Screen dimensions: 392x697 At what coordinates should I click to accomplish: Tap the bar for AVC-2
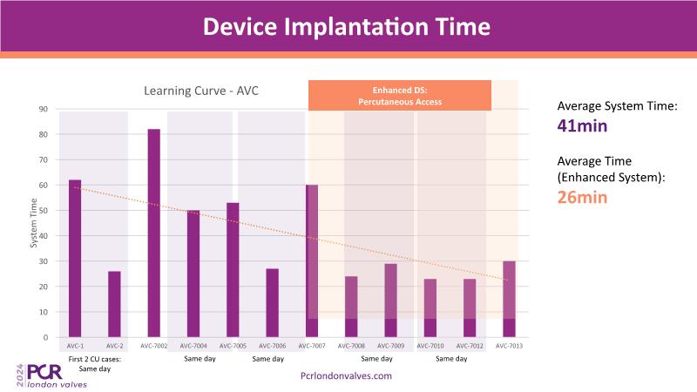point(114,304)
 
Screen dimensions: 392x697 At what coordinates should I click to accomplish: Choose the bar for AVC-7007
point(312,260)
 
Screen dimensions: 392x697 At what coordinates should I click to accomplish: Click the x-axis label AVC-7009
point(390,346)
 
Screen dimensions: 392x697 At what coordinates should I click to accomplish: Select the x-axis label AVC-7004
point(193,346)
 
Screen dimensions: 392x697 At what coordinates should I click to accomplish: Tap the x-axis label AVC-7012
point(470,346)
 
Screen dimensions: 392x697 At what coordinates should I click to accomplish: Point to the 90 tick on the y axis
point(43,109)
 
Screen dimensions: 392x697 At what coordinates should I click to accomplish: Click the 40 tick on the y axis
point(43,235)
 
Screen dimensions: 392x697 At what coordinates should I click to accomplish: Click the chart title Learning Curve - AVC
point(201,91)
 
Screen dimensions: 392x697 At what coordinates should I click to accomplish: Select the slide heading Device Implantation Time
point(347,26)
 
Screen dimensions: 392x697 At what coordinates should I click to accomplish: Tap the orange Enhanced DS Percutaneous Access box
point(400,96)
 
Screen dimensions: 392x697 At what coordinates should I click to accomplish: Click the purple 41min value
point(582,125)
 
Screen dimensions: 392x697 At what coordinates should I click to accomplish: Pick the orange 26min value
point(582,197)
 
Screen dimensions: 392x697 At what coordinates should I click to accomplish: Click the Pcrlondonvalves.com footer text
point(346,375)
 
